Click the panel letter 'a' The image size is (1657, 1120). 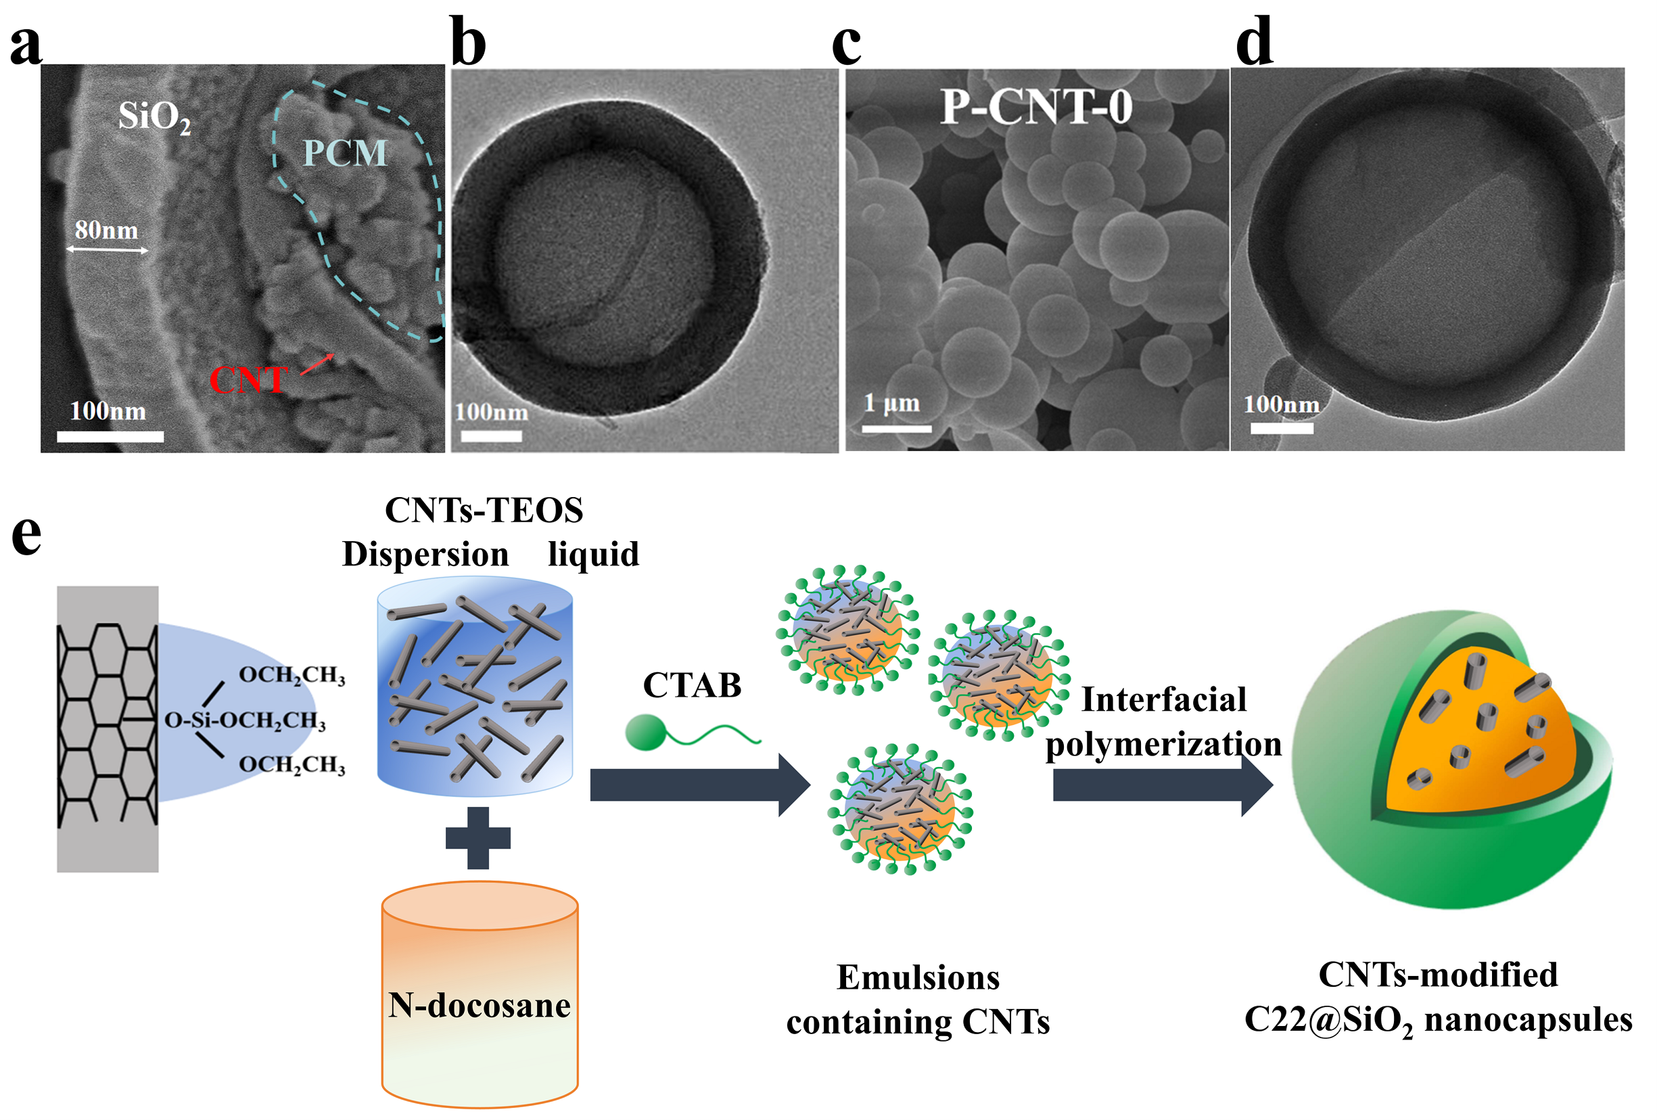point(26,44)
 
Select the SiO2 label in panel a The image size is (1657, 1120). point(154,116)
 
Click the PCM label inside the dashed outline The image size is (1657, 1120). point(345,154)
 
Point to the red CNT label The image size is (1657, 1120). point(248,379)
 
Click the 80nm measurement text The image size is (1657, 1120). point(106,230)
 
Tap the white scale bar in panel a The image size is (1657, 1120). point(110,436)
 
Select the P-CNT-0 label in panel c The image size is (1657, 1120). point(1035,108)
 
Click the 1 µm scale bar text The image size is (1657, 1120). point(891,404)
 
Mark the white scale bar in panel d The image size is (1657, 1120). point(1281,429)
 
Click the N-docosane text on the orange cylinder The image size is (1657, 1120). point(479,1005)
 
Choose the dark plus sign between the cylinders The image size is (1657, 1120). point(477,838)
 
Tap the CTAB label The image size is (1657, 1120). point(692,686)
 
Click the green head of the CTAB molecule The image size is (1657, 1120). point(643,733)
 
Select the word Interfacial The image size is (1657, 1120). point(1163,699)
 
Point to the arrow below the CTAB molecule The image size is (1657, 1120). point(699,785)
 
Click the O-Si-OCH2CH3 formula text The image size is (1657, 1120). point(246,720)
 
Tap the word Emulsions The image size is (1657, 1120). point(918,977)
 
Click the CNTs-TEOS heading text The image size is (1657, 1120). point(484,511)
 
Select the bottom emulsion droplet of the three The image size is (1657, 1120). point(900,809)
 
